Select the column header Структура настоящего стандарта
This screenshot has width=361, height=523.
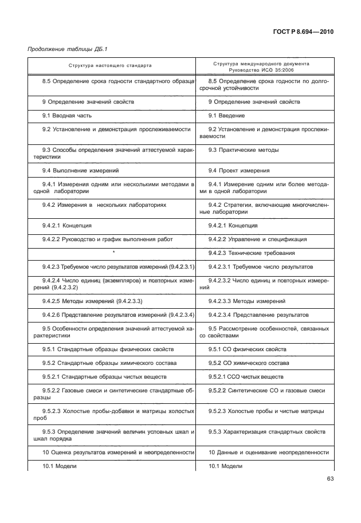111,65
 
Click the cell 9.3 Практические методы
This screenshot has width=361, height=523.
244,150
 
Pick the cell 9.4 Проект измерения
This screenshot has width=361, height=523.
239,170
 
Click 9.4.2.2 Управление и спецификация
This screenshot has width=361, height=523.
257,239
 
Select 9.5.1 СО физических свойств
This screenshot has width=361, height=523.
248,349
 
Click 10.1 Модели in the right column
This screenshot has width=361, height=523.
226,466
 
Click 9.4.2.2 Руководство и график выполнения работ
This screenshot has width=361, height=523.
107,239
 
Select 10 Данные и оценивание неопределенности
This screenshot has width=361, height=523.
268,453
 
